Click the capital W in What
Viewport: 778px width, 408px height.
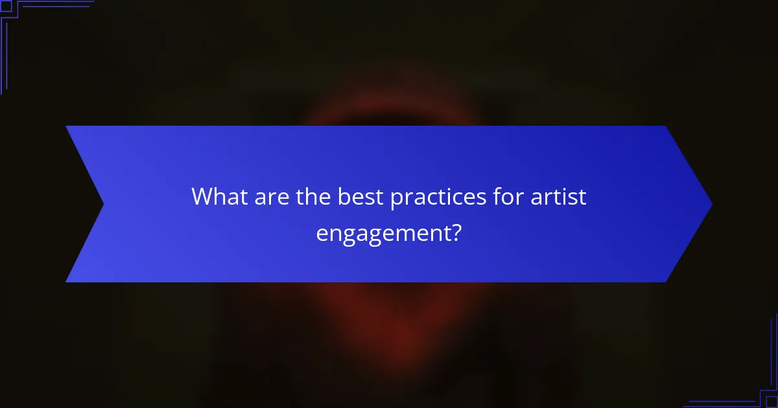(x=202, y=197)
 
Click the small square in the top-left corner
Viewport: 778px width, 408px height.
(x=5, y=6)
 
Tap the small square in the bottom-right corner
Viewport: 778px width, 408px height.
(x=772, y=402)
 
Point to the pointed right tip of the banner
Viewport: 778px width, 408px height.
(x=711, y=204)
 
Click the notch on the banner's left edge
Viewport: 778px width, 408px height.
(x=102, y=204)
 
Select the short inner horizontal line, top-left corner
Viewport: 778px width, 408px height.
(x=55, y=7)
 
